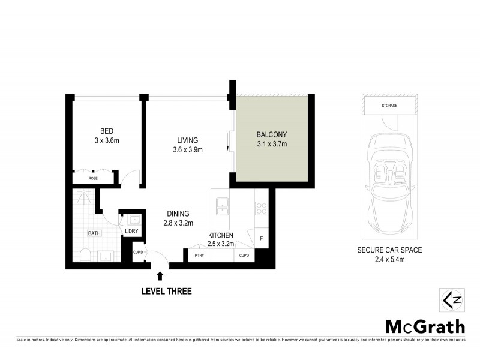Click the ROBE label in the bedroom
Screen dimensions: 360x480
(x=93, y=178)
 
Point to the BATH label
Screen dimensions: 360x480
(x=94, y=234)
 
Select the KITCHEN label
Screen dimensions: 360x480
(x=221, y=235)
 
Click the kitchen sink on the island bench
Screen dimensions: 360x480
(x=221, y=205)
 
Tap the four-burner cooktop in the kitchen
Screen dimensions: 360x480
(x=262, y=208)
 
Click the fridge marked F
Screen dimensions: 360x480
(x=262, y=238)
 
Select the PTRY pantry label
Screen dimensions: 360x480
(x=199, y=256)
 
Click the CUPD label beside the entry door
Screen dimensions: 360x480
(x=138, y=253)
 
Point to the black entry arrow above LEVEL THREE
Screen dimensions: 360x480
(x=160, y=276)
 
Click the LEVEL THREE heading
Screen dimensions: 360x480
(x=166, y=292)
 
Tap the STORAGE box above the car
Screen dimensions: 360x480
(x=389, y=106)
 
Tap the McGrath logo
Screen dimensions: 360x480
(x=424, y=326)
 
